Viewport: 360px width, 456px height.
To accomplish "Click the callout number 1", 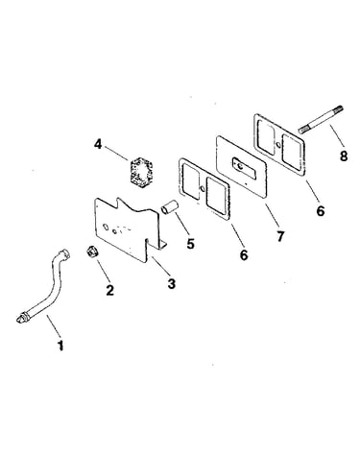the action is tap(60, 346).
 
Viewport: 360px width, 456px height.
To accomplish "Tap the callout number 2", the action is tap(109, 290).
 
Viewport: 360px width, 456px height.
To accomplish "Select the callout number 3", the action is tap(172, 283).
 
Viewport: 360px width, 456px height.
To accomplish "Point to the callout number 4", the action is tap(98, 144).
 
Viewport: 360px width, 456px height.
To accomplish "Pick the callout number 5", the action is tap(190, 244).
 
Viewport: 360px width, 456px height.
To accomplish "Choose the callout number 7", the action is tap(280, 236).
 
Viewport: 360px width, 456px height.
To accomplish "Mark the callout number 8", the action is tap(344, 156).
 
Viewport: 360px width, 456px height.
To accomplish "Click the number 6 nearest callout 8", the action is tap(321, 211).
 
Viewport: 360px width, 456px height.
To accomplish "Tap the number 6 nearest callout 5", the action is tap(244, 254).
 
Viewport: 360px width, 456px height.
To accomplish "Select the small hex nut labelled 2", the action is tap(92, 251).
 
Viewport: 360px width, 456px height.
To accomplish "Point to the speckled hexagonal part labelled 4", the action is tap(140, 174).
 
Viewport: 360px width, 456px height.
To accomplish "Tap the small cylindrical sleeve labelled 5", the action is tap(169, 206).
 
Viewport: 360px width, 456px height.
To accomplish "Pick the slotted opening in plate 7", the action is tap(244, 168).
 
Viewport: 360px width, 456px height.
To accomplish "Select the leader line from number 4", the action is tap(115, 154).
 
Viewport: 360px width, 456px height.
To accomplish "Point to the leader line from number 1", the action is tap(54, 325).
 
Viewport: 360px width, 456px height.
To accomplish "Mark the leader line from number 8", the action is tap(336, 136).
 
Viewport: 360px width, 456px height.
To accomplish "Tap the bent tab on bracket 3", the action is tap(162, 245).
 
